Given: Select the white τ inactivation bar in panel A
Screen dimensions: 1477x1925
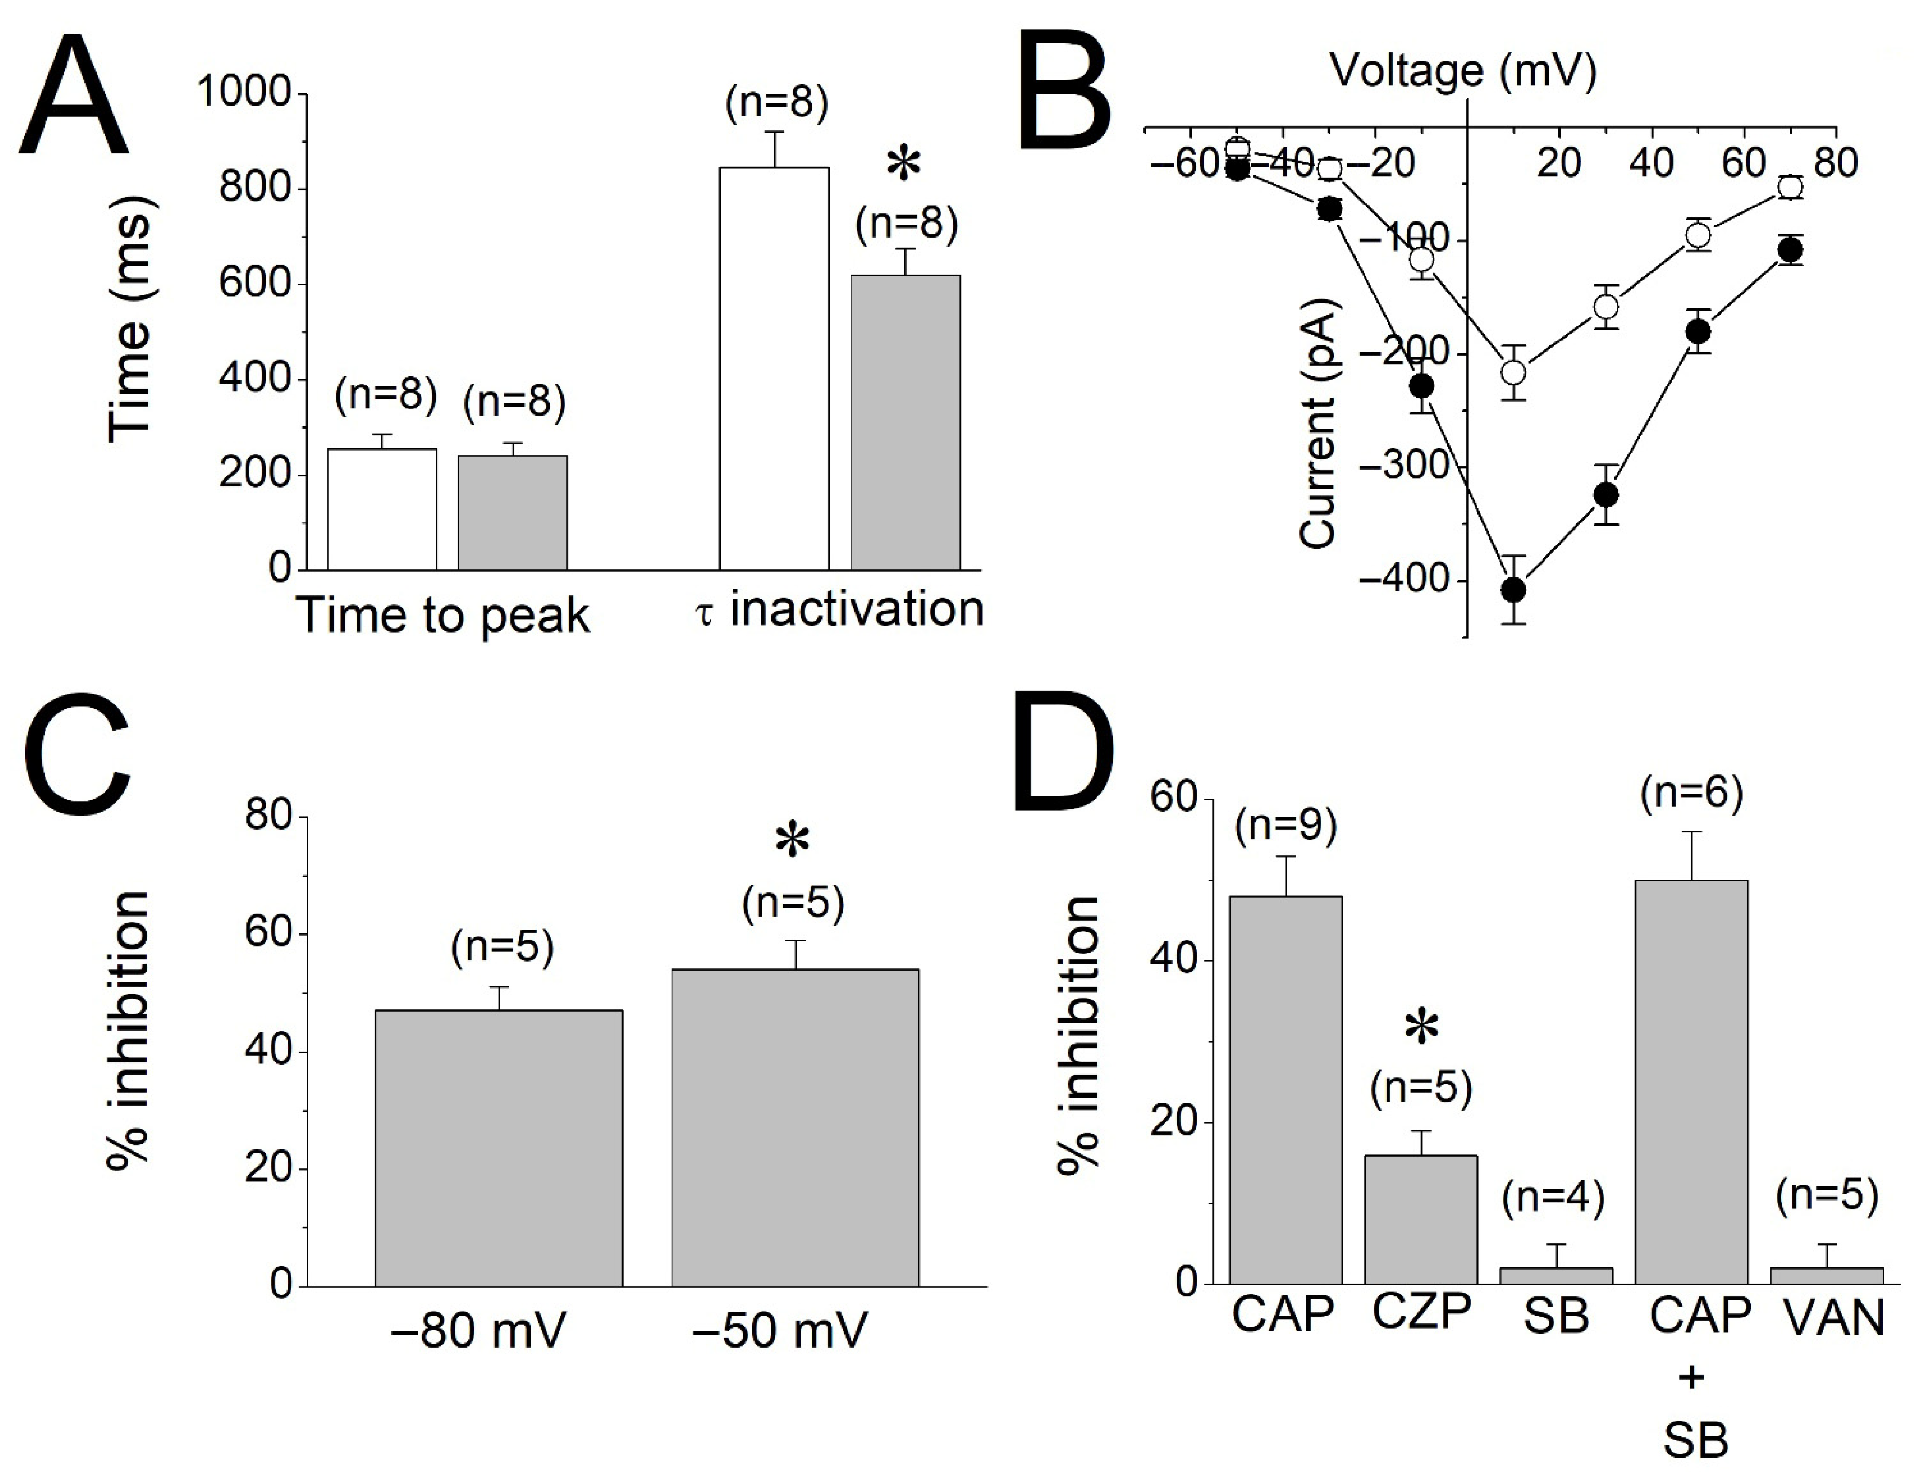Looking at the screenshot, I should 774,369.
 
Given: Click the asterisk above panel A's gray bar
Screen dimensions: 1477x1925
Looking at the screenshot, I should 904,165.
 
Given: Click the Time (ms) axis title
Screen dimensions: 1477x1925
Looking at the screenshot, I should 130,321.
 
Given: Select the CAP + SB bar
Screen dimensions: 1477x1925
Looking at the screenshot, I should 1691,1081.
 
